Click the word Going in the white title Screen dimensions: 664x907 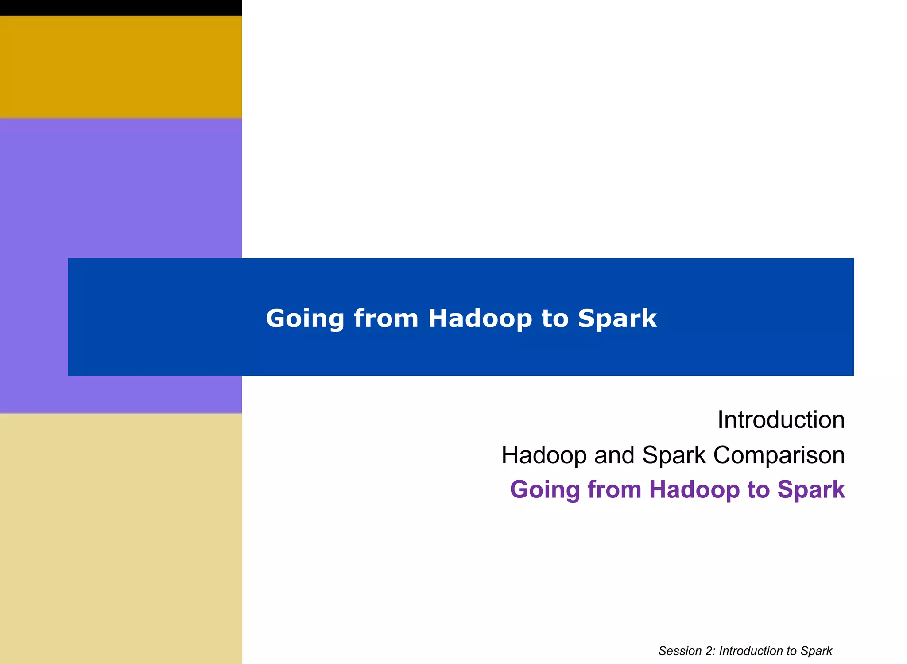point(305,319)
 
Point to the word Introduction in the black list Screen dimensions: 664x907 point(781,419)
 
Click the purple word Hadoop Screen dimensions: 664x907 point(694,489)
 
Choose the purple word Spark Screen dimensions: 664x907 point(811,489)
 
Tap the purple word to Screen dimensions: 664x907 point(758,489)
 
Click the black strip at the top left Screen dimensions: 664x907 point(120,8)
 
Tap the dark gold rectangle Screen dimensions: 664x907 point(120,66)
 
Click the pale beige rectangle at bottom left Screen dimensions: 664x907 point(120,538)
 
